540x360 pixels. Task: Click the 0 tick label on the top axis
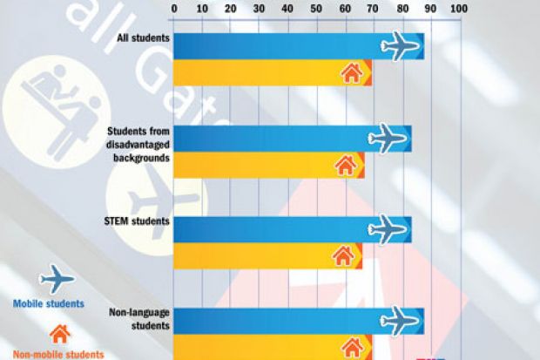coord(175,9)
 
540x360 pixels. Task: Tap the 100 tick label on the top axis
coord(458,9)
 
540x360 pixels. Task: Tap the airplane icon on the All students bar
coord(401,45)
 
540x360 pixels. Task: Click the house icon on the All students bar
coord(352,72)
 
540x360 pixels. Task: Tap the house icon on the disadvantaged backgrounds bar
coord(345,164)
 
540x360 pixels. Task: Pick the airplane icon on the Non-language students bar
coord(401,320)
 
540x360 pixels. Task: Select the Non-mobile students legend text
coord(58,354)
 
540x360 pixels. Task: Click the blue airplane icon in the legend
coord(57,279)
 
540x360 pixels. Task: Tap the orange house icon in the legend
coord(59,334)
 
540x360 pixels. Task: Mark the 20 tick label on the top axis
coord(232,9)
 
